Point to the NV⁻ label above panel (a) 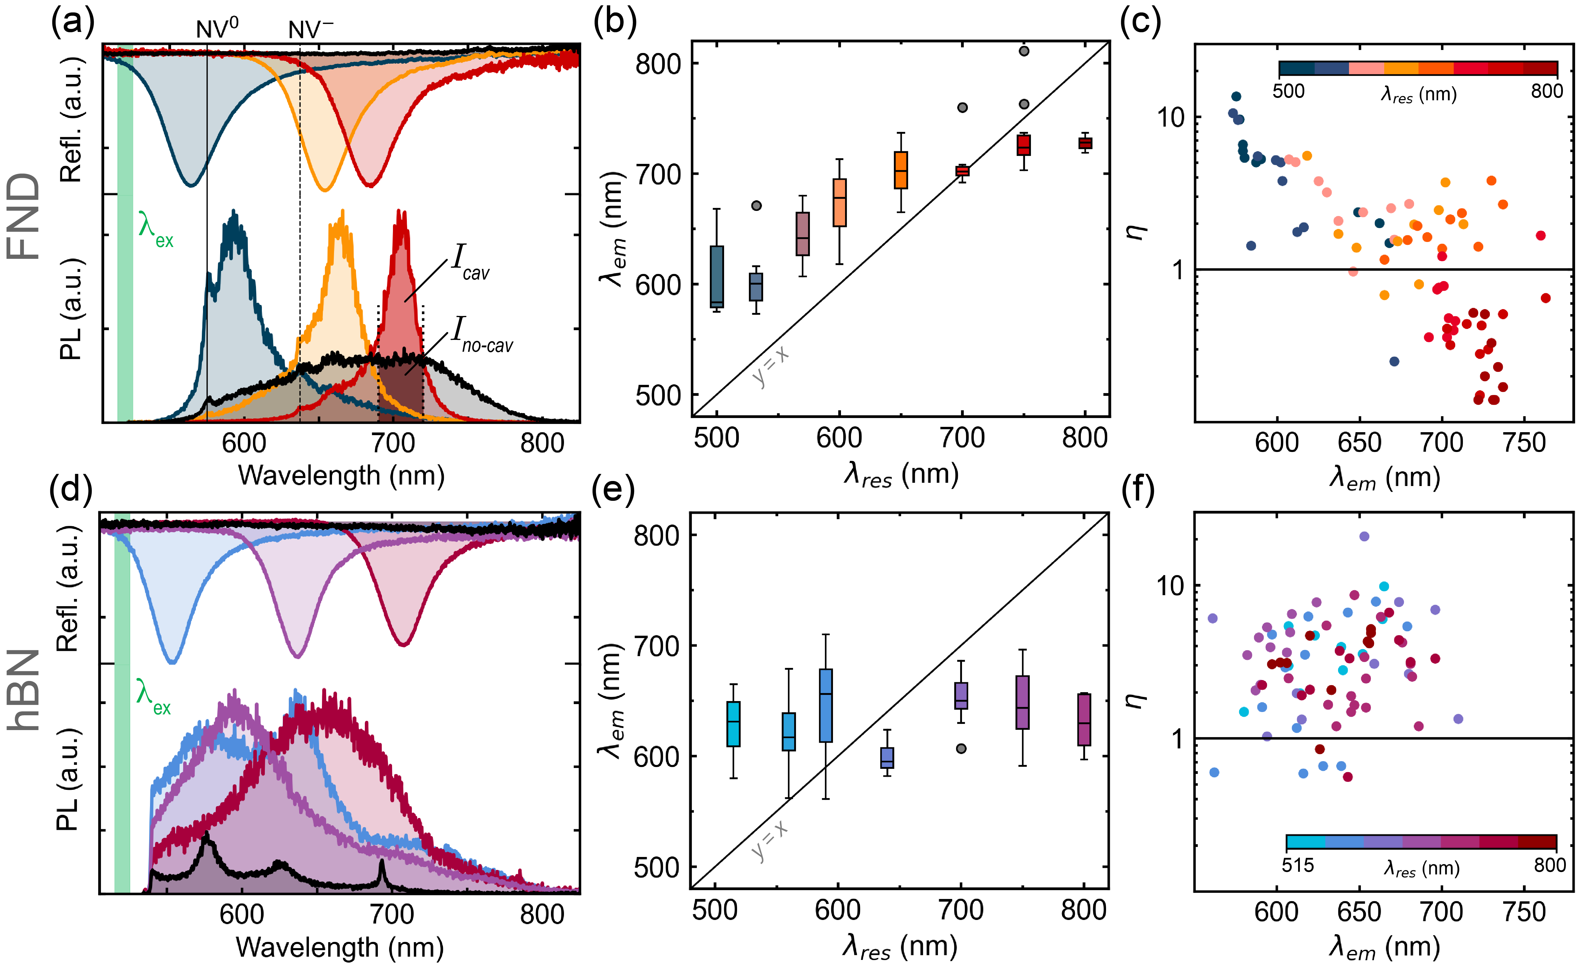(x=310, y=29)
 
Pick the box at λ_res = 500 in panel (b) (x=717, y=277)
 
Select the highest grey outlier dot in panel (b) (x=1024, y=51)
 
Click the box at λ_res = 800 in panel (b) (x=1086, y=143)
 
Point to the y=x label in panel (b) (x=771, y=365)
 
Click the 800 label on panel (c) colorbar (x=1547, y=91)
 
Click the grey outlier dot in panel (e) (x=961, y=749)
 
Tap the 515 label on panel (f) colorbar (x=1298, y=865)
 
